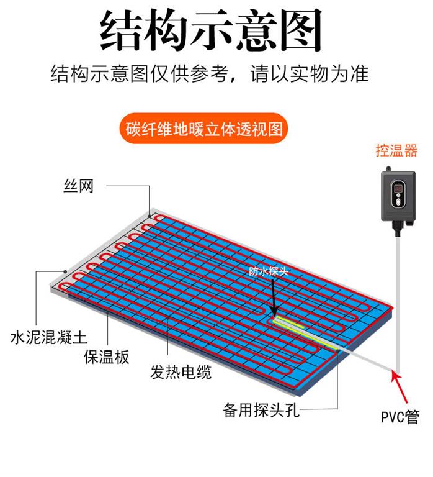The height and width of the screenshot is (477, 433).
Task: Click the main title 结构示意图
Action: coord(211,30)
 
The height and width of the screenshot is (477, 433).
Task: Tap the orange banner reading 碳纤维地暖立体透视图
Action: coord(203,129)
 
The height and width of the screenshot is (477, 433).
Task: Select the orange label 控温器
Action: coord(396,150)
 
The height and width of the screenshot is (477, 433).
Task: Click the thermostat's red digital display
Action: coord(398,189)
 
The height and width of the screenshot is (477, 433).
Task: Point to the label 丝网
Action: coord(78,186)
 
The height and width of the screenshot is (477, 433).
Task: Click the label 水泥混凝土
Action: coord(48,337)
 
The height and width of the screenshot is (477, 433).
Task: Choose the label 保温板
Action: coord(106,357)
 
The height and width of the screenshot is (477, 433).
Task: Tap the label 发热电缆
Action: coord(181,372)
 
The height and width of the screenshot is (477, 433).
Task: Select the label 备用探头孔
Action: coord(261,410)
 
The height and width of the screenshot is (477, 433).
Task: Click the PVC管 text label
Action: coord(400,416)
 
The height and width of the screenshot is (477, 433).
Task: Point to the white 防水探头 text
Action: coord(268,271)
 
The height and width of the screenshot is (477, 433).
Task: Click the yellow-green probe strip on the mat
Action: coord(304,332)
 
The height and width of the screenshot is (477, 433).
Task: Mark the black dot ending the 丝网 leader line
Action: coord(150,216)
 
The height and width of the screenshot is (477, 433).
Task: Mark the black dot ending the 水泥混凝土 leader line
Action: coord(65,271)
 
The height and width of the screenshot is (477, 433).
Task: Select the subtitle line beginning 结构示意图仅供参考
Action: coord(210,74)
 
